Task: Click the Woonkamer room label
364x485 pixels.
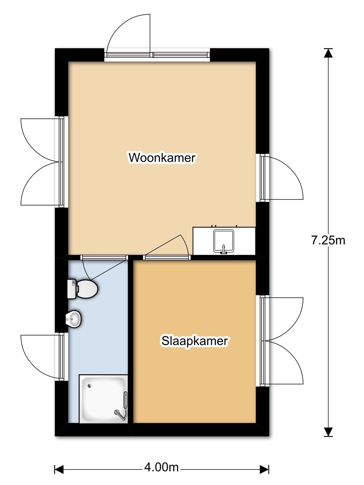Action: [x=162, y=158]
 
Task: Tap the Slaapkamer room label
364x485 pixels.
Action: [x=194, y=341]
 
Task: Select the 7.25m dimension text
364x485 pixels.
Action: [x=328, y=240]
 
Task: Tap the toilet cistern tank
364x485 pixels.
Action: [x=72, y=289]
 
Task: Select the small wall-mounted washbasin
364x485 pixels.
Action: [x=73, y=319]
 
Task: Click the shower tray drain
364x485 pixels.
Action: [x=90, y=386]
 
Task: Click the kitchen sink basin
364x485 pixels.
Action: [x=223, y=241]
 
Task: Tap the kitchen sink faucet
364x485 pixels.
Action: [x=224, y=250]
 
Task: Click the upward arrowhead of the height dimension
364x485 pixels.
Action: [x=328, y=53]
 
